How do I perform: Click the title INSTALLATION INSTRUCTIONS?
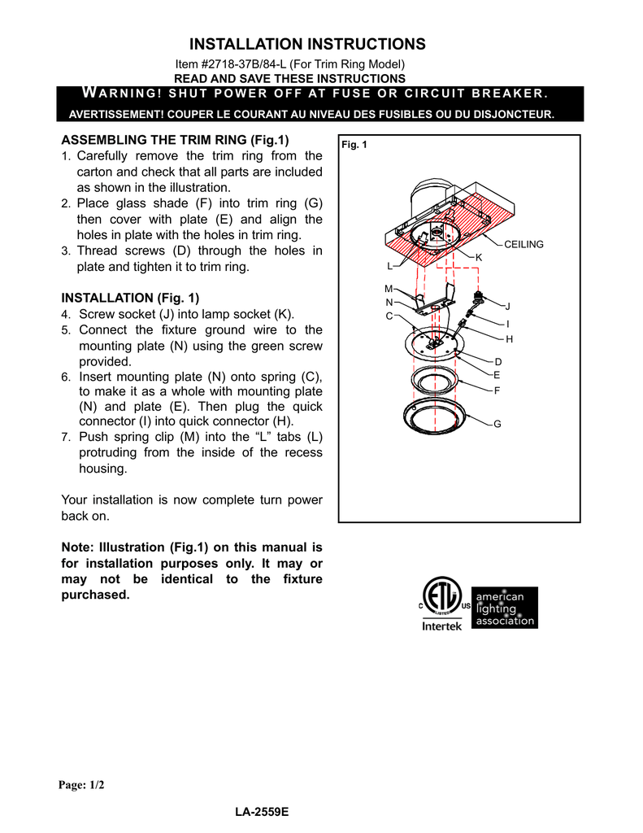306,44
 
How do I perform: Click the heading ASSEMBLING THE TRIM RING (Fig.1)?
175,140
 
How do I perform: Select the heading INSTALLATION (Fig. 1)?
130,298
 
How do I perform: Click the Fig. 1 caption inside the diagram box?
355,145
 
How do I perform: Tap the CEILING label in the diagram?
524,244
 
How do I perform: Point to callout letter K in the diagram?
479,257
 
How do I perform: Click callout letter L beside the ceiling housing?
389,266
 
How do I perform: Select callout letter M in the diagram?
388,289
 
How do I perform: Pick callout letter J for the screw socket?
508,307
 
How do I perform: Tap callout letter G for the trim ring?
497,425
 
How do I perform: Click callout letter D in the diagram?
497,360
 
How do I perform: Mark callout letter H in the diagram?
509,338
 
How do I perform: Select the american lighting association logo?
505,608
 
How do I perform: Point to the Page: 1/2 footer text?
81,785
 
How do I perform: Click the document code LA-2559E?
262,813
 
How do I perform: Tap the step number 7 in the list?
66,438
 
